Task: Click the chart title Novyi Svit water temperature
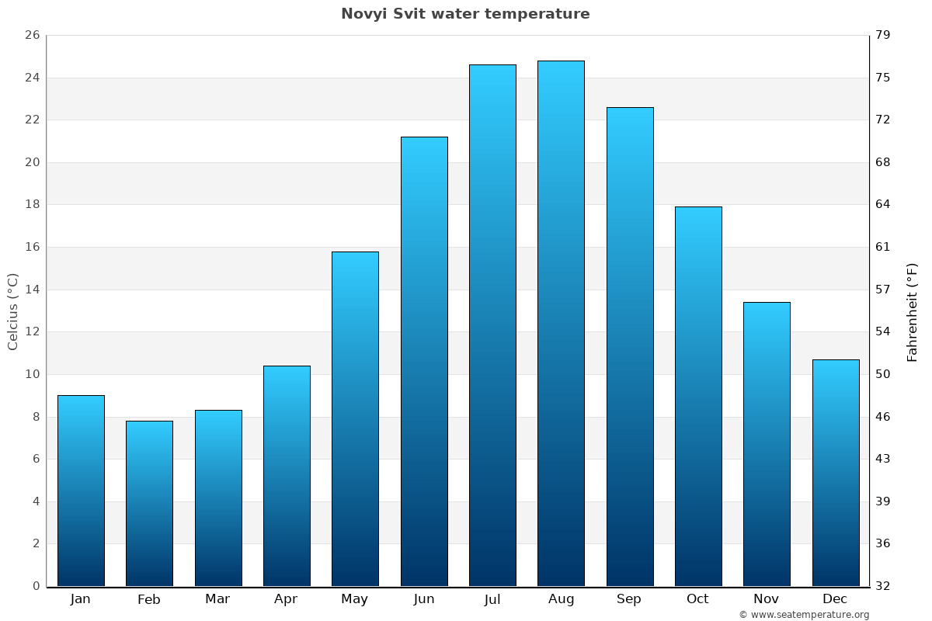click(465, 14)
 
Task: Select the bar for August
click(561, 323)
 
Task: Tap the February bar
click(149, 503)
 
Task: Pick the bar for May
click(355, 419)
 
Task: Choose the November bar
click(767, 444)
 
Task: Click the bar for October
click(698, 396)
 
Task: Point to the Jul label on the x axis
click(492, 599)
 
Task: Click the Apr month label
click(286, 599)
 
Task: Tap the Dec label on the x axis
click(835, 599)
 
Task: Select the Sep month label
click(629, 599)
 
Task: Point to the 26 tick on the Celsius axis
click(32, 36)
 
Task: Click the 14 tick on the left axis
click(32, 290)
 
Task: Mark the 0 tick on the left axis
click(36, 586)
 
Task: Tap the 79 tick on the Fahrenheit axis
click(883, 36)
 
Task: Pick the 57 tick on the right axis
click(883, 290)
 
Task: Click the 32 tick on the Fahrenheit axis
click(883, 586)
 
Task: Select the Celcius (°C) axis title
click(13, 310)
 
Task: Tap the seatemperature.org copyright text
click(804, 615)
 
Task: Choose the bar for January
click(81, 491)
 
